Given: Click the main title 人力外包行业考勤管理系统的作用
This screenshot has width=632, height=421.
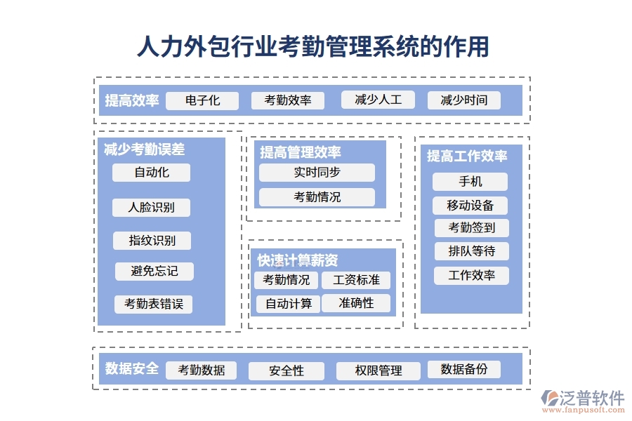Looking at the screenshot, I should click(x=313, y=47).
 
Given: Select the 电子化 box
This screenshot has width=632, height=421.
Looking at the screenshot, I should click(x=202, y=100).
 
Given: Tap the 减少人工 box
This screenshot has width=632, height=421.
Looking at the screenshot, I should click(x=378, y=100).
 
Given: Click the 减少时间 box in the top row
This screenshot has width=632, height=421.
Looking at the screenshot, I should click(x=463, y=100).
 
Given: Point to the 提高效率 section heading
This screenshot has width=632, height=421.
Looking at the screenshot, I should click(x=132, y=100).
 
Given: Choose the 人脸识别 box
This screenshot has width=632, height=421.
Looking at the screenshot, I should click(x=151, y=207).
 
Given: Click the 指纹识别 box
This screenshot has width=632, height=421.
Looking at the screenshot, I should click(x=152, y=241).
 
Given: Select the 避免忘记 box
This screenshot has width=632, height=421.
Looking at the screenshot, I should click(x=154, y=272).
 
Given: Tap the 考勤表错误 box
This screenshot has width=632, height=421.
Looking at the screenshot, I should click(x=153, y=304).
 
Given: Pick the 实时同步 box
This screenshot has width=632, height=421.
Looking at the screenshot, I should click(x=317, y=173).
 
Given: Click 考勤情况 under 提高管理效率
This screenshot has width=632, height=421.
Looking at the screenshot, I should click(x=317, y=197).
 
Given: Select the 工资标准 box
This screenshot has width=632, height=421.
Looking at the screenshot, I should click(x=356, y=280).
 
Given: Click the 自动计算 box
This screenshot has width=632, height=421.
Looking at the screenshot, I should click(x=288, y=304).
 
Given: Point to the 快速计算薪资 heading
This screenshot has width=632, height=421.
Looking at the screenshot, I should click(x=298, y=260).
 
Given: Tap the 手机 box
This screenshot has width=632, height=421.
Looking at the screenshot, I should click(x=470, y=182).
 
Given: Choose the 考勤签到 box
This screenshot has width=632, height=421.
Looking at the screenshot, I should click(x=470, y=228).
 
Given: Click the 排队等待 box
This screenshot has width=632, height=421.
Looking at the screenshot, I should click(x=470, y=251).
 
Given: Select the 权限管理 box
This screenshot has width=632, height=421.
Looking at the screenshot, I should click(x=378, y=370).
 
